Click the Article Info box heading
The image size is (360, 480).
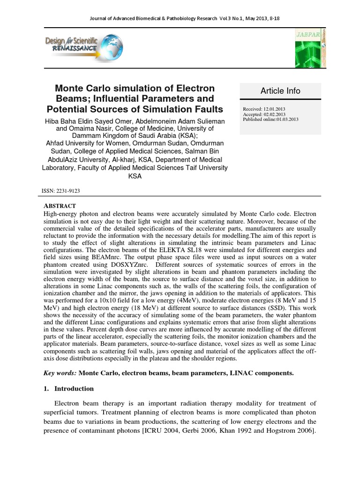click(280, 91)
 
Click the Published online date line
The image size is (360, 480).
click(270, 120)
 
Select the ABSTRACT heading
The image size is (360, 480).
click(60, 206)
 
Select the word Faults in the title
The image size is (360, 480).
click(210, 109)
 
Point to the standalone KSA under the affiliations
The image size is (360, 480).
click(135, 176)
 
